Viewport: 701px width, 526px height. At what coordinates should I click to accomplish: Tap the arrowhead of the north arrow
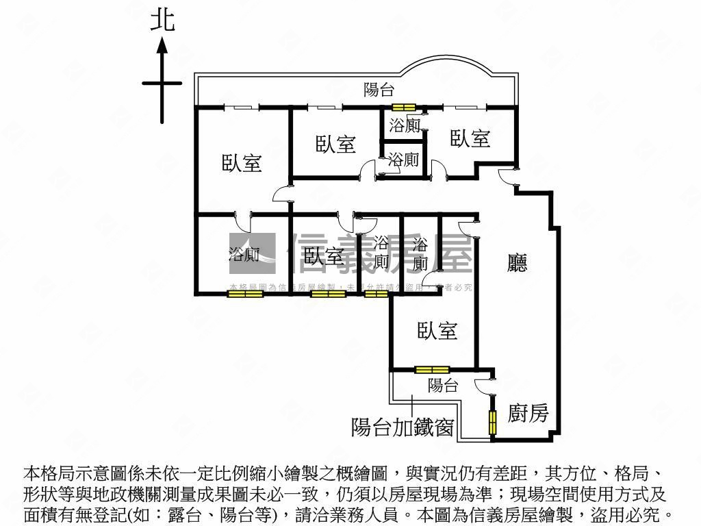click(x=162, y=45)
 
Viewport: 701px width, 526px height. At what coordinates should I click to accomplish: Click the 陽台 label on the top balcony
click(x=379, y=89)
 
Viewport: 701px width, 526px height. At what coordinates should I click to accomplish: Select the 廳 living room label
click(x=518, y=263)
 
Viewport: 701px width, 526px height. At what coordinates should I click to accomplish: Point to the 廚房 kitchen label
click(x=528, y=413)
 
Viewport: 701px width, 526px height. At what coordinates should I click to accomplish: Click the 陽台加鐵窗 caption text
click(x=402, y=427)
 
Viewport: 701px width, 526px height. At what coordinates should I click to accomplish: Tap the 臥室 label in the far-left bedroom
click(x=242, y=163)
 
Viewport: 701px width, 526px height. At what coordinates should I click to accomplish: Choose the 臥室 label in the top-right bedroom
click(x=470, y=138)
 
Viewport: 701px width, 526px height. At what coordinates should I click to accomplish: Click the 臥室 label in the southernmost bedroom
click(x=437, y=331)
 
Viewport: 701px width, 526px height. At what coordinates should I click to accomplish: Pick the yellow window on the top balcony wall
click(x=404, y=108)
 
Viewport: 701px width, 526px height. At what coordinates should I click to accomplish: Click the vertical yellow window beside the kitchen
click(x=492, y=421)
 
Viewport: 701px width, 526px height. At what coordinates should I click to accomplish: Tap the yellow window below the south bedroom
click(x=432, y=370)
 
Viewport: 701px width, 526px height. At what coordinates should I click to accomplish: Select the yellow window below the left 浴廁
click(x=245, y=295)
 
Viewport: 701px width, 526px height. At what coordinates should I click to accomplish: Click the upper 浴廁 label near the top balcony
click(x=405, y=125)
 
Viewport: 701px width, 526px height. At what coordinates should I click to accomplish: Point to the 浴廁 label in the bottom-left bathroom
click(x=244, y=255)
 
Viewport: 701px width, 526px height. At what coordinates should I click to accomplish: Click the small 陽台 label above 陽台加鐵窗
click(x=443, y=386)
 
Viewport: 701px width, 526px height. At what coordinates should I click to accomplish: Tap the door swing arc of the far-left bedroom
click(x=281, y=195)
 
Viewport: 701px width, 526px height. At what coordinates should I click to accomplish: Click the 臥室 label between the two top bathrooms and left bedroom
click(x=335, y=144)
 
